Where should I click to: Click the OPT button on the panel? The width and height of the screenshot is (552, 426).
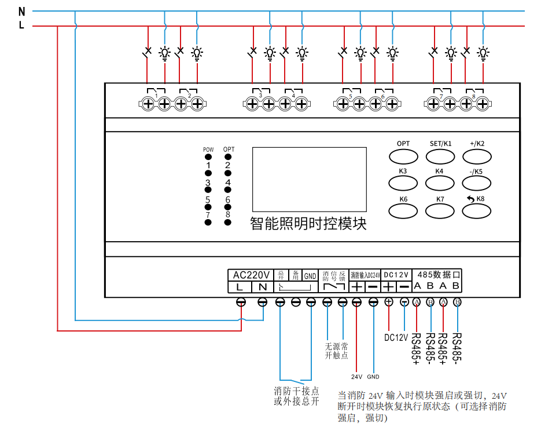click(403, 156)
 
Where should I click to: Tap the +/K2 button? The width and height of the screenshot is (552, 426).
click(477, 156)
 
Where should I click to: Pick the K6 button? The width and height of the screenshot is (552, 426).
click(403, 210)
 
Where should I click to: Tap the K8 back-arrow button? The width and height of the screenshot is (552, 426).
click(477, 210)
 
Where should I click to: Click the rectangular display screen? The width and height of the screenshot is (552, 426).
click(309, 179)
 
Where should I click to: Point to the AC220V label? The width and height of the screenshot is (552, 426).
click(251, 275)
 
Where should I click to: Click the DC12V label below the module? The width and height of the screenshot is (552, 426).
click(396, 337)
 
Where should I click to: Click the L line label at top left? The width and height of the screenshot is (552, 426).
click(22, 26)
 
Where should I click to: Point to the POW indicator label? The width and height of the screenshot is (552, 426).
click(208, 150)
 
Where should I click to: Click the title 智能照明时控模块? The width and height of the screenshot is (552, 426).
click(308, 224)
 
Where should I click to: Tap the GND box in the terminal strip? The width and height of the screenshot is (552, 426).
click(310, 276)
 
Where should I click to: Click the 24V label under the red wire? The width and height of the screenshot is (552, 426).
click(356, 377)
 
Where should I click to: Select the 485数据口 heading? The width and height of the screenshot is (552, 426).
click(438, 275)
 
